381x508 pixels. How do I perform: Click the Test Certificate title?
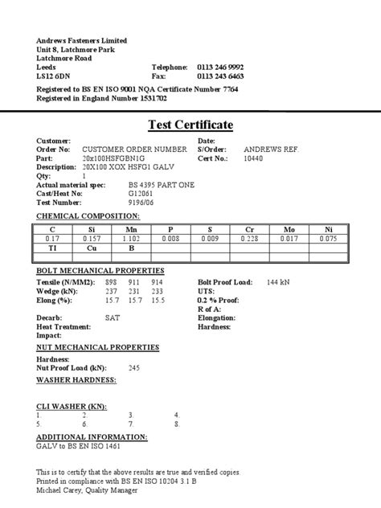[x=190, y=125]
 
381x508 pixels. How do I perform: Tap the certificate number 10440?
[x=253, y=158]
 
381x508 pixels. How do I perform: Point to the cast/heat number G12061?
[x=117, y=193]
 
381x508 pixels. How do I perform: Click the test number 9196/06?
[x=119, y=202]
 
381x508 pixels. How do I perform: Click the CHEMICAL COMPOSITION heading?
[x=88, y=216]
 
